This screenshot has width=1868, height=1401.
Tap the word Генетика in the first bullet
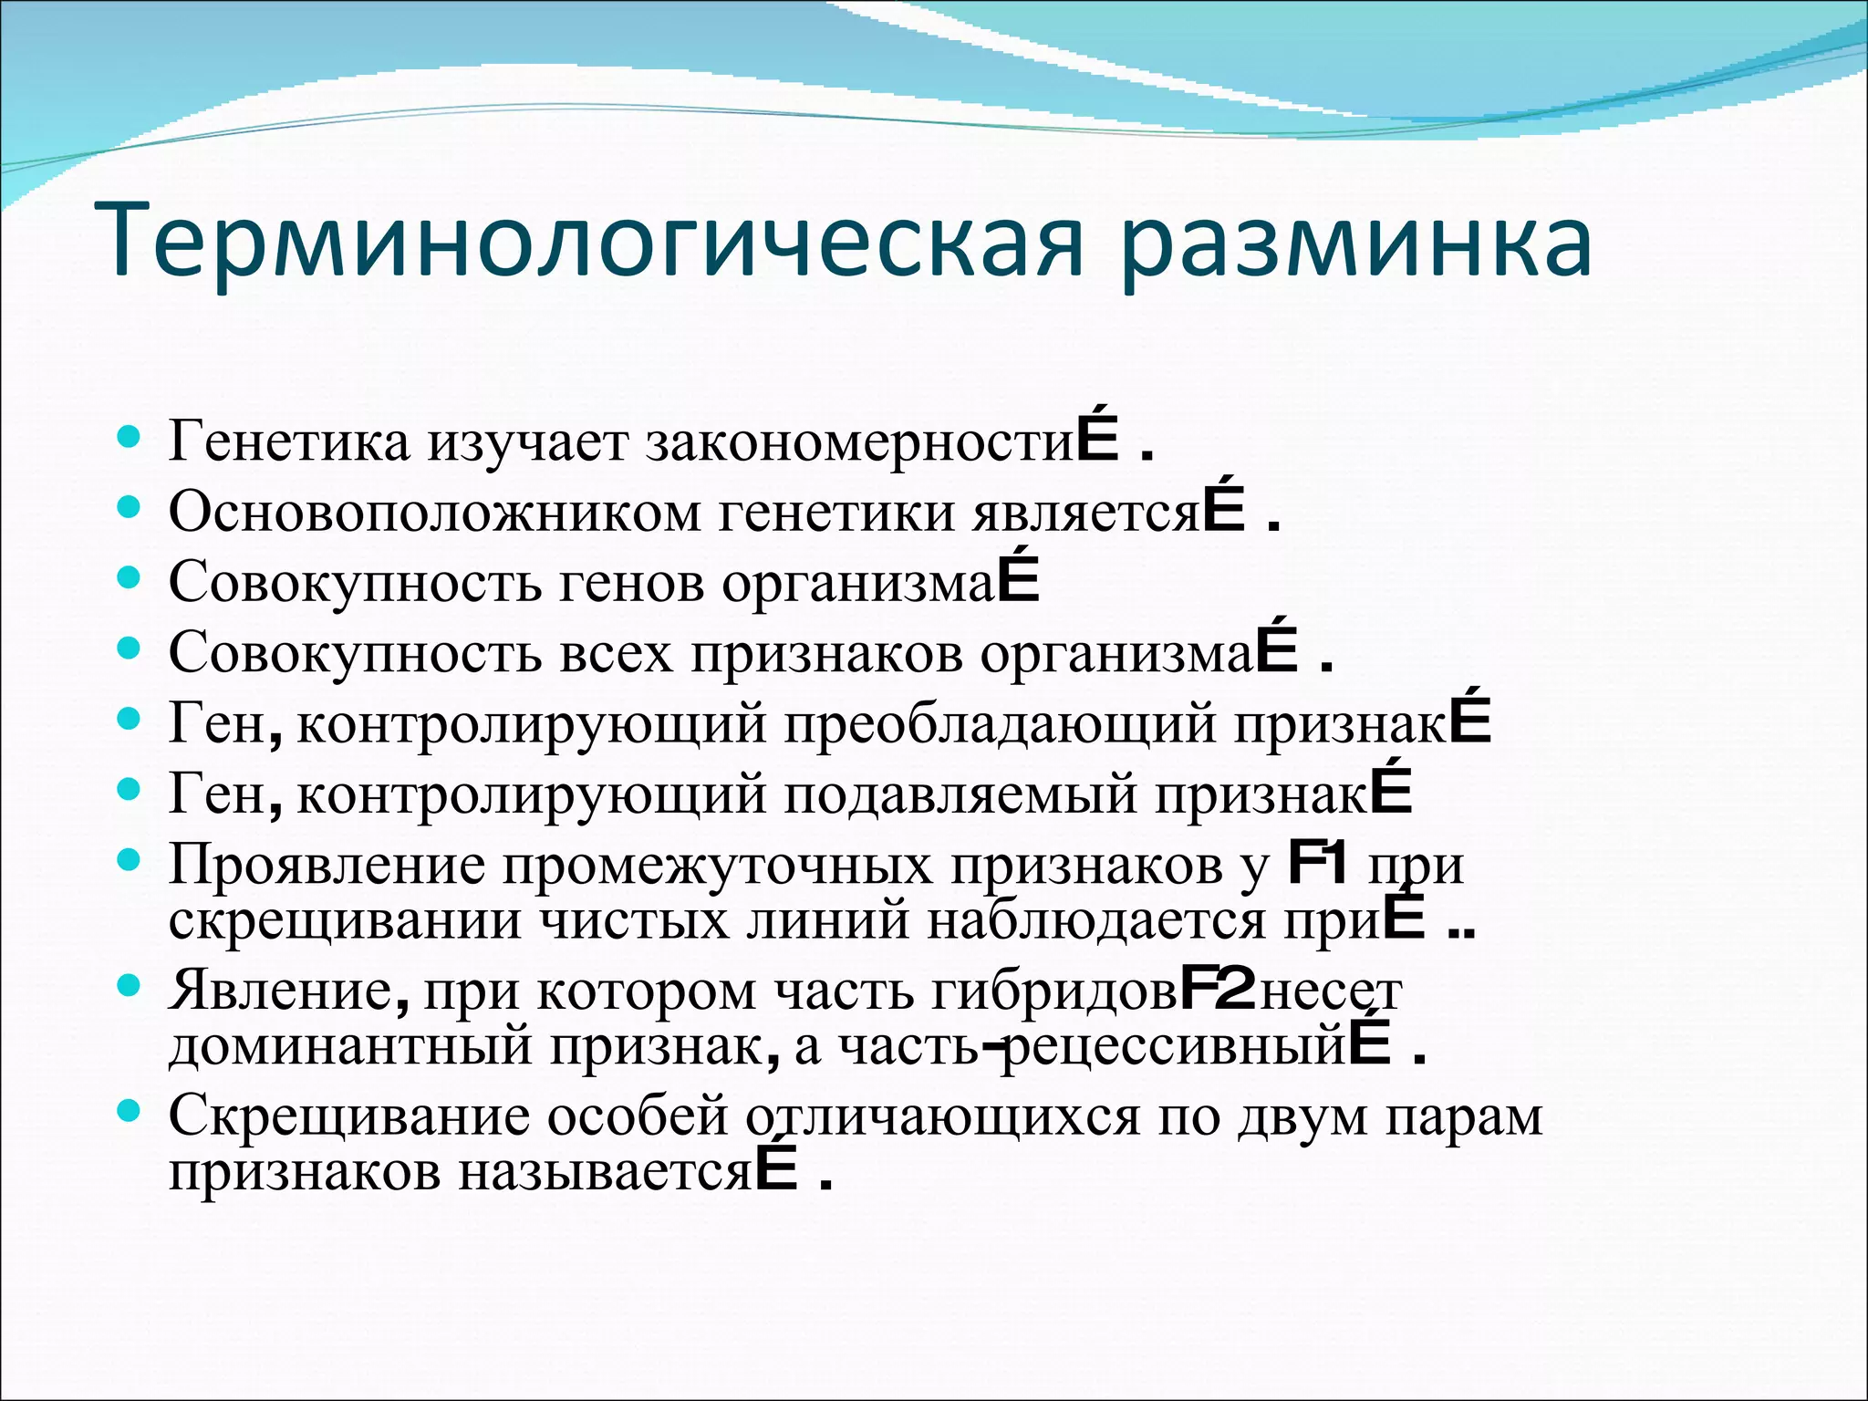tap(289, 442)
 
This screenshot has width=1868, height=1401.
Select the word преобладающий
tap(1000, 724)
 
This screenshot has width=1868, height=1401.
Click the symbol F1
tap(1317, 864)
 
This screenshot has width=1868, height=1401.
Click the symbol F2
tap(1218, 990)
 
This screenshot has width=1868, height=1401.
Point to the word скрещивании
tap(345, 921)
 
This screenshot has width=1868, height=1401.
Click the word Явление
tap(279, 991)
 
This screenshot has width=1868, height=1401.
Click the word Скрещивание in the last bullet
tap(348, 1116)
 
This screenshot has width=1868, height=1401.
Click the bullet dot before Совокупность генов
tap(130, 576)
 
